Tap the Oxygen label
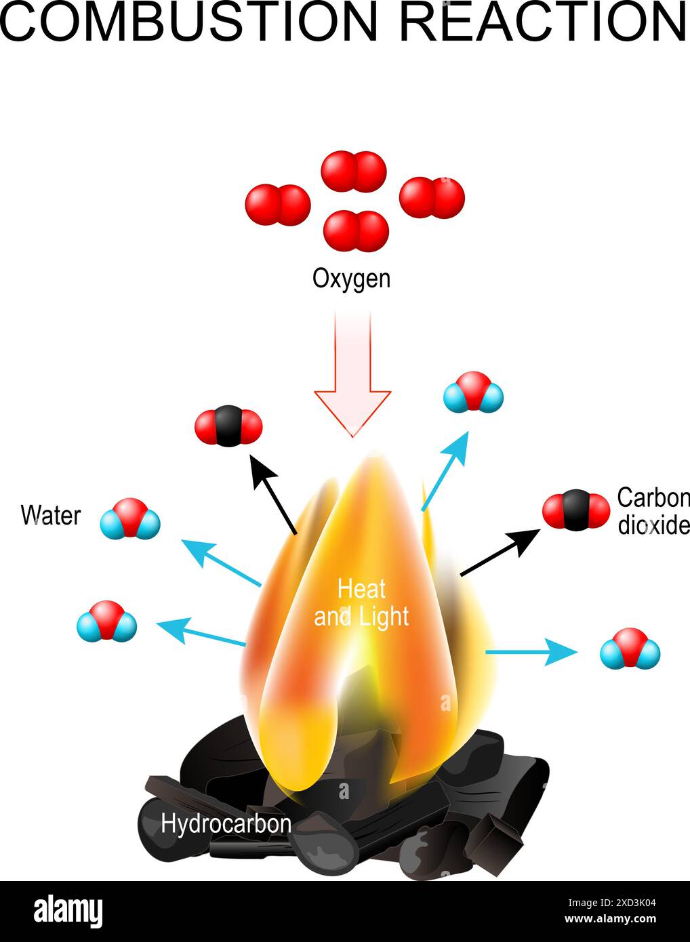(351, 279)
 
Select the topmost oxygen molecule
(353, 171)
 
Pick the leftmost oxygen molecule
(277, 205)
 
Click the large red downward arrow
(352, 373)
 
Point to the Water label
(51, 516)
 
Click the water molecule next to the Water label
(130, 519)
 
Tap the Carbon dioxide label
(653, 512)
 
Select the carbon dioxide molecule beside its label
(576, 510)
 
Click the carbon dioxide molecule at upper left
(228, 426)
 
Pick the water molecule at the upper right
(473, 392)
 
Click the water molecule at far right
(630, 649)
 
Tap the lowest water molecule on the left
(106, 621)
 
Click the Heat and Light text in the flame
(361, 602)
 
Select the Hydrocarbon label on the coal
(226, 824)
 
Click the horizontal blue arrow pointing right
(531, 653)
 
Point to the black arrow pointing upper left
(274, 494)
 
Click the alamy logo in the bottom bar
(68, 912)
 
